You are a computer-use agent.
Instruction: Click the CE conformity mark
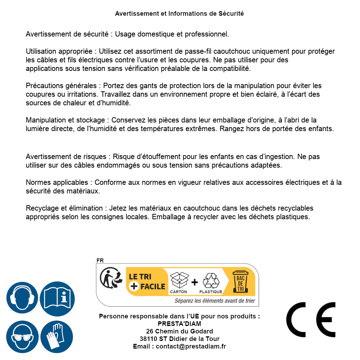[311, 317]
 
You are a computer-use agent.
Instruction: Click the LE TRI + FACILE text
[147, 282]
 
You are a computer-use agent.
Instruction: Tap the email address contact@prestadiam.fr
[191, 346]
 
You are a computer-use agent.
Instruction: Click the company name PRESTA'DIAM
[179, 324]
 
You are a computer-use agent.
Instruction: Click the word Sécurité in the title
[231, 14]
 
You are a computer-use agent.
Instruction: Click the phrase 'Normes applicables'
[57, 182]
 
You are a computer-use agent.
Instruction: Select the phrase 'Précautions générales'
[61, 86]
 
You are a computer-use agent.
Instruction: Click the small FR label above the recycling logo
[100, 260]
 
